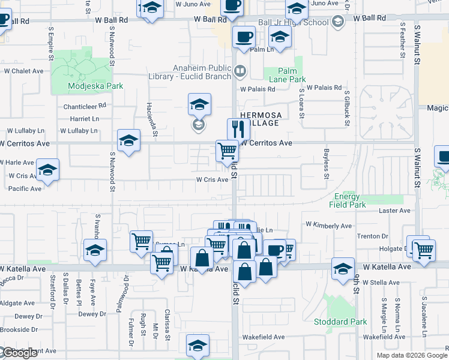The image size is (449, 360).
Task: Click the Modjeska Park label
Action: pos(95,86)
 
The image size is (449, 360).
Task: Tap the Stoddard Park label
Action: pos(340,322)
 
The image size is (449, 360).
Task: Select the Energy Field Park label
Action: pos(348,200)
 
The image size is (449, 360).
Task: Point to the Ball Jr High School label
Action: pos(294,23)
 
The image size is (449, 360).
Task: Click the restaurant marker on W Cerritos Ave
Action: pos(238,129)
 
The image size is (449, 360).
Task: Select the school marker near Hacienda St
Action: pos(128,141)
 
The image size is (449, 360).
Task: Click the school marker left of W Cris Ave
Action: pos(47,170)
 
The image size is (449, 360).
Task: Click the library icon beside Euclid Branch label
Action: pos(240,71)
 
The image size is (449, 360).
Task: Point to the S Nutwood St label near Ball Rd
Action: pos(112,51)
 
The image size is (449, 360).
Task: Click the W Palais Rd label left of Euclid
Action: pos(258,89)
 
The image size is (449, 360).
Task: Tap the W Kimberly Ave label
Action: pos(328,226)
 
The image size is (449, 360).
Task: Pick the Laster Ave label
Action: pos(394,211)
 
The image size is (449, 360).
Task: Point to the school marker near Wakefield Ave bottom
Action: pos(197,346)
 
